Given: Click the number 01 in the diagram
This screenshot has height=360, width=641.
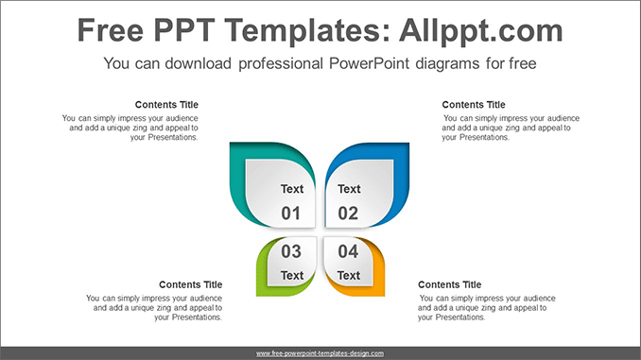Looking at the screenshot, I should (291, 214).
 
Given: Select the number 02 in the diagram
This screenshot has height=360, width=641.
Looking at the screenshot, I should (349, 214).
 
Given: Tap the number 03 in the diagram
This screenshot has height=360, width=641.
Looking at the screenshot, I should (291, 251).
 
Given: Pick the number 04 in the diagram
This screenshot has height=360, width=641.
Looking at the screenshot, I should (349, 251).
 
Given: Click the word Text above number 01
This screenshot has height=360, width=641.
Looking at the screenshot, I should (292, 189).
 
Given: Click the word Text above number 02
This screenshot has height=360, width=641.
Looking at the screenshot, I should (349, 189).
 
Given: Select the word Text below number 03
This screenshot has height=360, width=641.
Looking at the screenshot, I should (292, 276).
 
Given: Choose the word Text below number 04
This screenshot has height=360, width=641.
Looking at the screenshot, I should (349, 276).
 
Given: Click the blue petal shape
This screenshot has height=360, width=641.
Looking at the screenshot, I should (401, 170).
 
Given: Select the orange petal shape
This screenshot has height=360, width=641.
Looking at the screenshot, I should (377, 274).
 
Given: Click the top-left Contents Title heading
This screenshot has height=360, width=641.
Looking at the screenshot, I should (167, 105).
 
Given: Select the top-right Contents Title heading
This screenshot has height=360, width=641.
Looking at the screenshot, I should (474, 105).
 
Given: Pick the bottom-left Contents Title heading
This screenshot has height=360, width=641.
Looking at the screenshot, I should (191, 284).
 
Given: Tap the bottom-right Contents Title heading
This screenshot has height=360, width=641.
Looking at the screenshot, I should (449, 284).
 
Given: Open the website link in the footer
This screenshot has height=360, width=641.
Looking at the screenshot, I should (320, 353).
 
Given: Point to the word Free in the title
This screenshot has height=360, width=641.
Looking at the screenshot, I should (114, 31).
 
